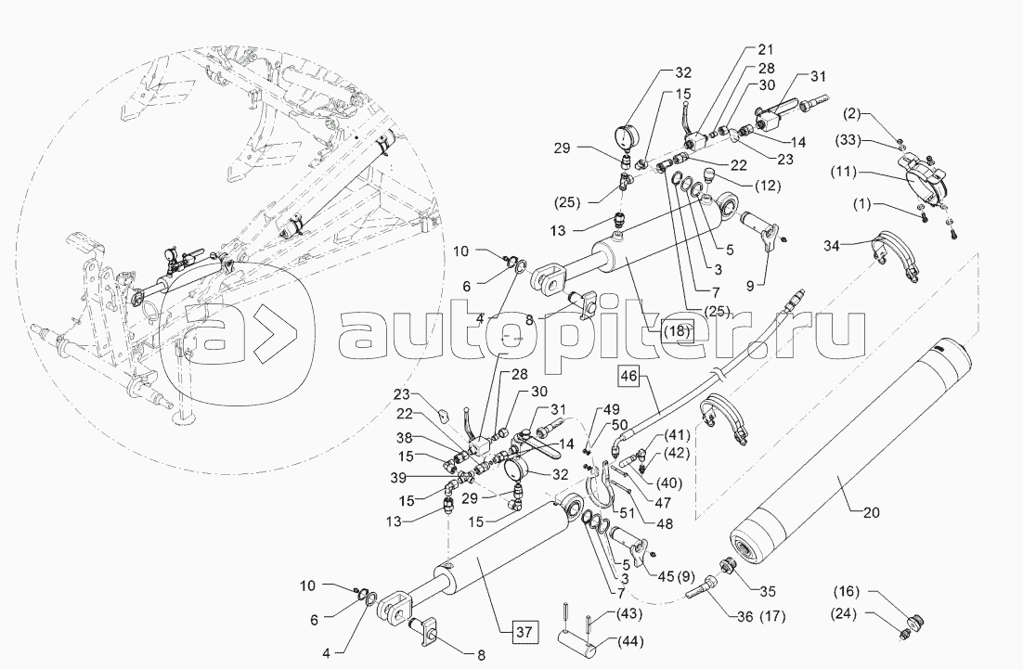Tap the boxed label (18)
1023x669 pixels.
(676, 328)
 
